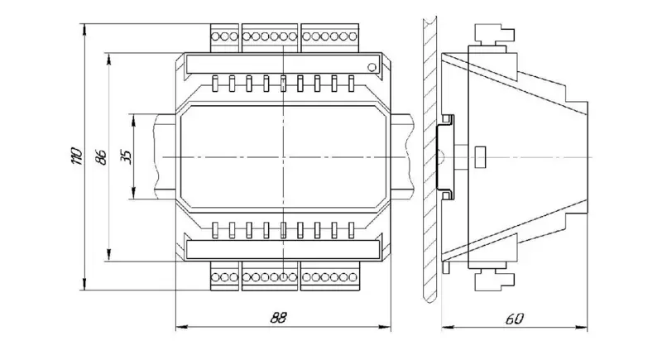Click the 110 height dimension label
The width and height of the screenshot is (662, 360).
pyautogui.click(x=77, y=157)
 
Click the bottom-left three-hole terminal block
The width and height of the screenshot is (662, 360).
pyautogui.click(x=225, y=276)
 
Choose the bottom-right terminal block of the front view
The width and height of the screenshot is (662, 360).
pyautogui.click(x=329, y=276)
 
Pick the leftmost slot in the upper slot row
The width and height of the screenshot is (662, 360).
pyautogui.click(x=215, y=84)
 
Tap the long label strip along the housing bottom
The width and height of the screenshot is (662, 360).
pyautogui.click(x=282, y=248)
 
